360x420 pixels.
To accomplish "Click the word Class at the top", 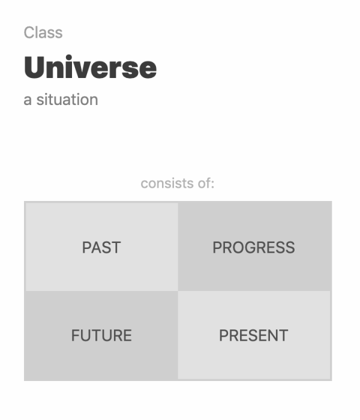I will point(43,32).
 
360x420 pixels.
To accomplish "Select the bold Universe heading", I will point(90,68).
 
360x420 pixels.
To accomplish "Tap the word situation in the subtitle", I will point(67,100).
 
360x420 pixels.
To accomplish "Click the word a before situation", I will point(28,100).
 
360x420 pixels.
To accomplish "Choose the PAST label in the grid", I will point(101,247).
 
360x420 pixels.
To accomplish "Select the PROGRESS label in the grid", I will point(254,247).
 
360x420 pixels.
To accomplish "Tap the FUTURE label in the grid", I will point(101,335).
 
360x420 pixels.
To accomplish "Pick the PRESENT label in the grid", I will point(254,335).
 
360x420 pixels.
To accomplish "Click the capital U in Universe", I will point(35,68).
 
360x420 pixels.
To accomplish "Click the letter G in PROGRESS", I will point(251,247).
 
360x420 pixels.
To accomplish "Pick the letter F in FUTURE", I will point(75,335).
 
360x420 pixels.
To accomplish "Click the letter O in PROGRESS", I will point(239,247).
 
